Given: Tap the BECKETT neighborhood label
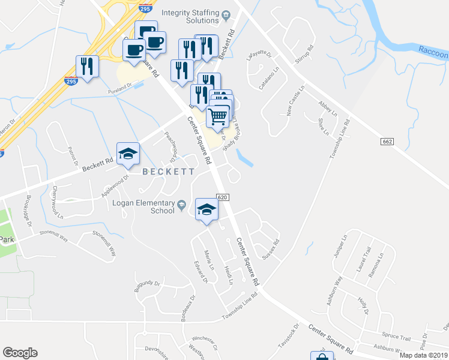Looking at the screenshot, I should pos(168,172).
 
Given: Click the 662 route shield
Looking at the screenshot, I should pos(387,141).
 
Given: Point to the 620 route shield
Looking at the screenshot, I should pos(222,197).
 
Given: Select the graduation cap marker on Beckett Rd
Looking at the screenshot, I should pos(128,154).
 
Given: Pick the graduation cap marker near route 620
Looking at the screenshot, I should pos(207,209).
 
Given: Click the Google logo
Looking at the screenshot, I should pos(20,353).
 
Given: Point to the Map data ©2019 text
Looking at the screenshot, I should pos(423,355).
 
